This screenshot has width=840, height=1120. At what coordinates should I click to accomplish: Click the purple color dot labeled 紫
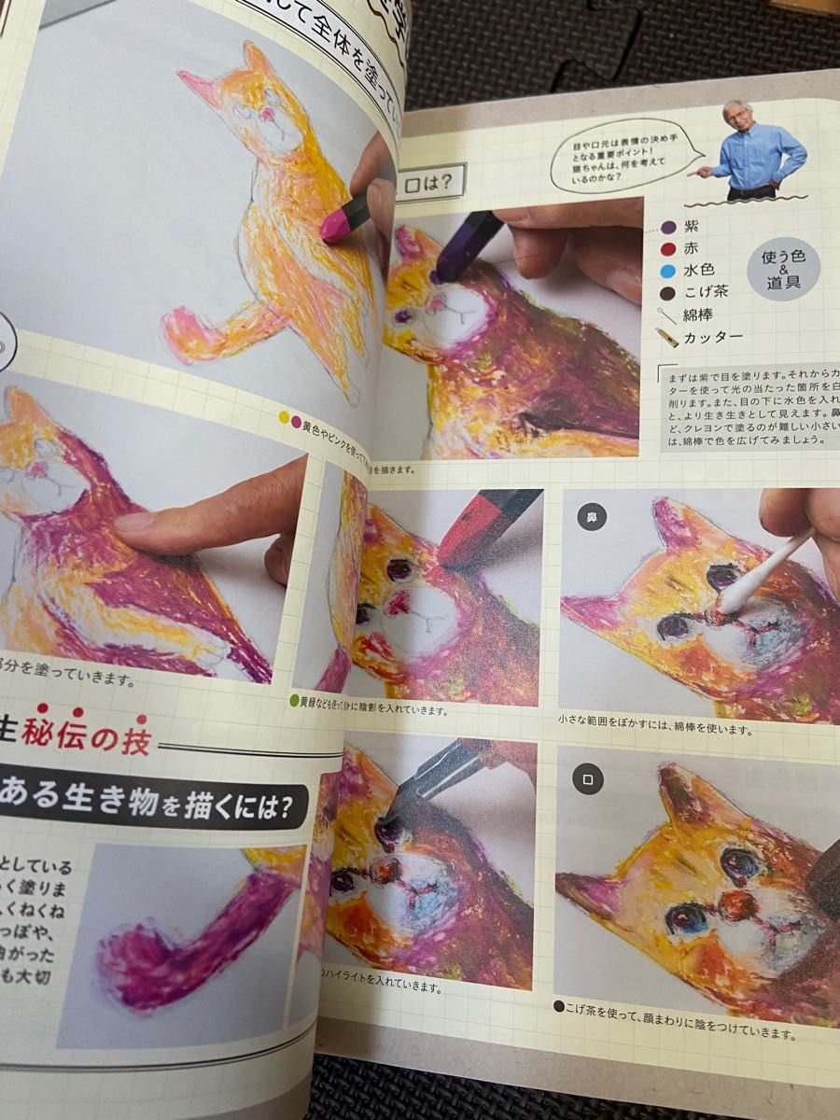[x=667, y=227]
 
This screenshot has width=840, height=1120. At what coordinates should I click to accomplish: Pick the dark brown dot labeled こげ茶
[x=667, y=292]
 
